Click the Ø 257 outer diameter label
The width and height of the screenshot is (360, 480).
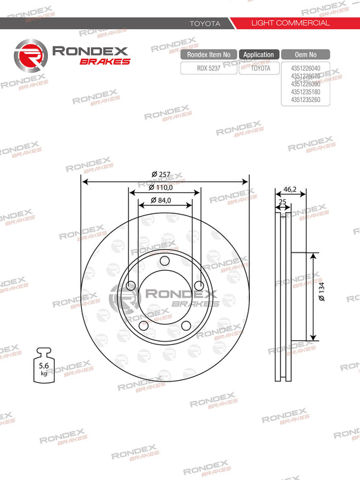(161, 174)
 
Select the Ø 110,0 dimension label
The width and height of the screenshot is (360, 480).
(161, 188)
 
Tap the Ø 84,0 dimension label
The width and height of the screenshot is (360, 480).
(161, 201)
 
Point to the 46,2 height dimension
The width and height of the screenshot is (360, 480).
(290, 189)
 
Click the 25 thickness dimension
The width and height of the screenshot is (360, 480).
(282, 202)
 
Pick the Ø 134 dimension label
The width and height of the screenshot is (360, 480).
(322, 292)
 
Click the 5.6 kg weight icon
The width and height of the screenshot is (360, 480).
(44, 365)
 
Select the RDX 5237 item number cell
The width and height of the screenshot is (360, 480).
(209, 68)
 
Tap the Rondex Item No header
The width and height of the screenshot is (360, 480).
(209, 55)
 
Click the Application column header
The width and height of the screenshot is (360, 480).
(259, 55)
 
